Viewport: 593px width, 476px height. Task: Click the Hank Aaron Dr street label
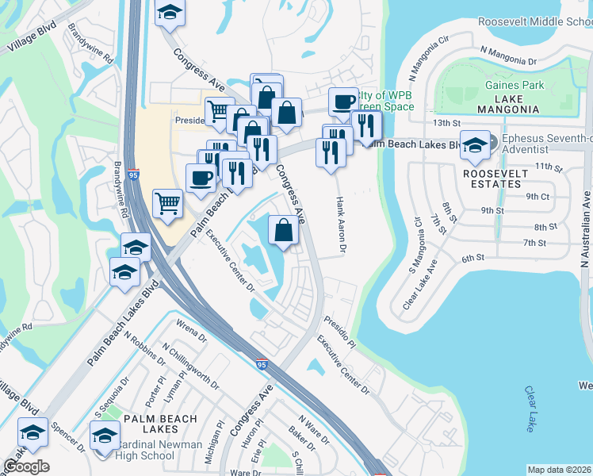point(342,226)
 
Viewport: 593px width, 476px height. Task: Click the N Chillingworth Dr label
point(190,366)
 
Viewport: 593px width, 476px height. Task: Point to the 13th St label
point(446,124)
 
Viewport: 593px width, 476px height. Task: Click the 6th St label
point(473,258)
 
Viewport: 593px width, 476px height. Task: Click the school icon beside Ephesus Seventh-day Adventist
point(474,145)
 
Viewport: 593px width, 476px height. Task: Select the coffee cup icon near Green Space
point(343,102)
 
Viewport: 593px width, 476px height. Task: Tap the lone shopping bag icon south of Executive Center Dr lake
point(283,231)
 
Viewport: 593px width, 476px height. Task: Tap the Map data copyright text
point(559,470)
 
